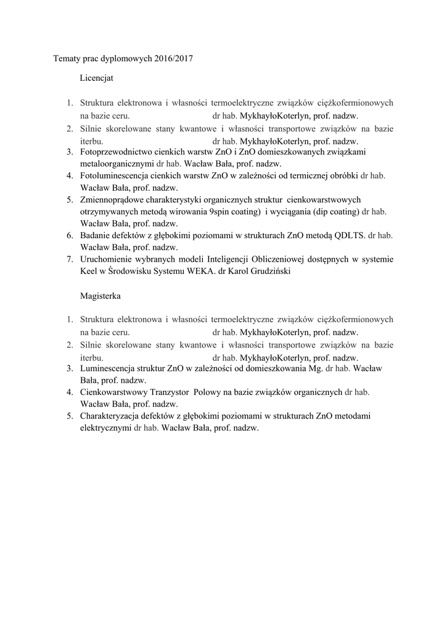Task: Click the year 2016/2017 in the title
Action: pos(174,59)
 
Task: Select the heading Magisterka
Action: pos(100,296)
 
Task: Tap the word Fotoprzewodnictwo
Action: pos(117,151)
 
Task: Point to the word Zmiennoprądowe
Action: pos(113,199)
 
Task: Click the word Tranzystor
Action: pos(170,392)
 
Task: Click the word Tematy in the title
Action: pos(65,59)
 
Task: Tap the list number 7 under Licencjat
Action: pos(70,259)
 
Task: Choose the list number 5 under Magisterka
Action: pos(70,416)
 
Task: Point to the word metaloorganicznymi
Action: pos(117,164)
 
